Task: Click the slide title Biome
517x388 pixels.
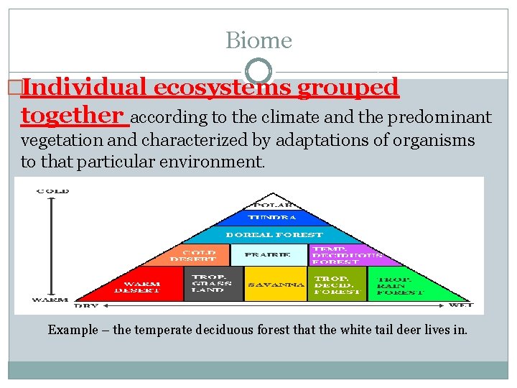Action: coord(258,40)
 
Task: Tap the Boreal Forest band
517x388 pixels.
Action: coord(274,235)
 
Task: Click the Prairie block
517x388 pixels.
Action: coord(268,255)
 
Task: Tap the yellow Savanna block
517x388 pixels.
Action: coord(276,285)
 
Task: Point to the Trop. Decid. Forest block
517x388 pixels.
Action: coord(337,285)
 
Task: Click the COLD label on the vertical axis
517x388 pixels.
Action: coord(52,190)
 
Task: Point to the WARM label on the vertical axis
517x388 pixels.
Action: coord(50,298)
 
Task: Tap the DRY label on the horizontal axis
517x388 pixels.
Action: coord(87,305)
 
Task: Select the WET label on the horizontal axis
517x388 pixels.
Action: coord(460,305)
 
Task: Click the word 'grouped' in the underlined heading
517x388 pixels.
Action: coord(348,87)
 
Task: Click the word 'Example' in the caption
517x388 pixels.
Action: coord(73,330)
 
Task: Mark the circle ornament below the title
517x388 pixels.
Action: coord(258,71)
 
